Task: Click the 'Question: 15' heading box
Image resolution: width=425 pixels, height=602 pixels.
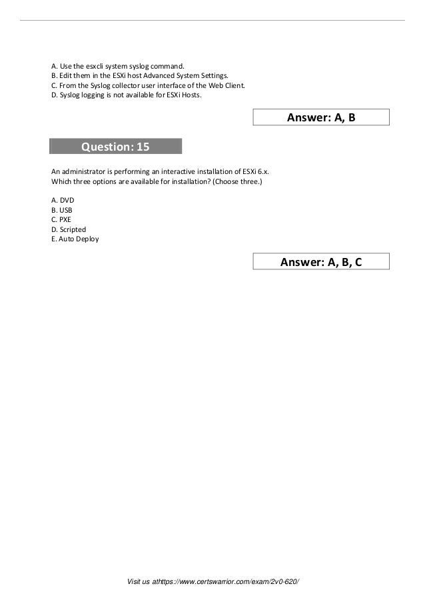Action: point(115,146)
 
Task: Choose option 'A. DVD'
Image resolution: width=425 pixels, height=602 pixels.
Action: point(63,200)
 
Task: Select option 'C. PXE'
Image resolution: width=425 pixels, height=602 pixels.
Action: point(62,219)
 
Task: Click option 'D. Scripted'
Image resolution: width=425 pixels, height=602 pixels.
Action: point(69,229)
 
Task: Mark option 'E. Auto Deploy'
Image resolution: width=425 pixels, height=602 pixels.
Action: point(75,239)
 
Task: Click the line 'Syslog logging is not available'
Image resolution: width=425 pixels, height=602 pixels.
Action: point(110,95)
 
